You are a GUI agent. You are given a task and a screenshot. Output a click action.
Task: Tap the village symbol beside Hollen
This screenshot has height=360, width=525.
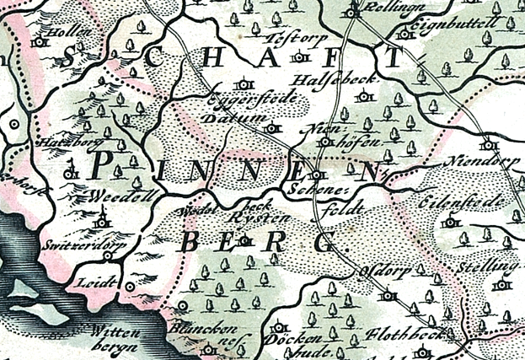(x=37, y=40)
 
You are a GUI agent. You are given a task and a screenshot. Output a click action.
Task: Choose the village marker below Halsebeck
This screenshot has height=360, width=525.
(x=364, y=97)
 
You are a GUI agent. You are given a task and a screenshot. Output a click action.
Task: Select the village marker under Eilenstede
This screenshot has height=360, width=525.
(x=451, y=222)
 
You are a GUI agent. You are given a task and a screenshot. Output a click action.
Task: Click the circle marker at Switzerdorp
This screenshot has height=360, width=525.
(x=107, y=254)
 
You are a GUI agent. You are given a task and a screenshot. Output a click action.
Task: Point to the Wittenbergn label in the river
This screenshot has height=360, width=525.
(x=118, y=338)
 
